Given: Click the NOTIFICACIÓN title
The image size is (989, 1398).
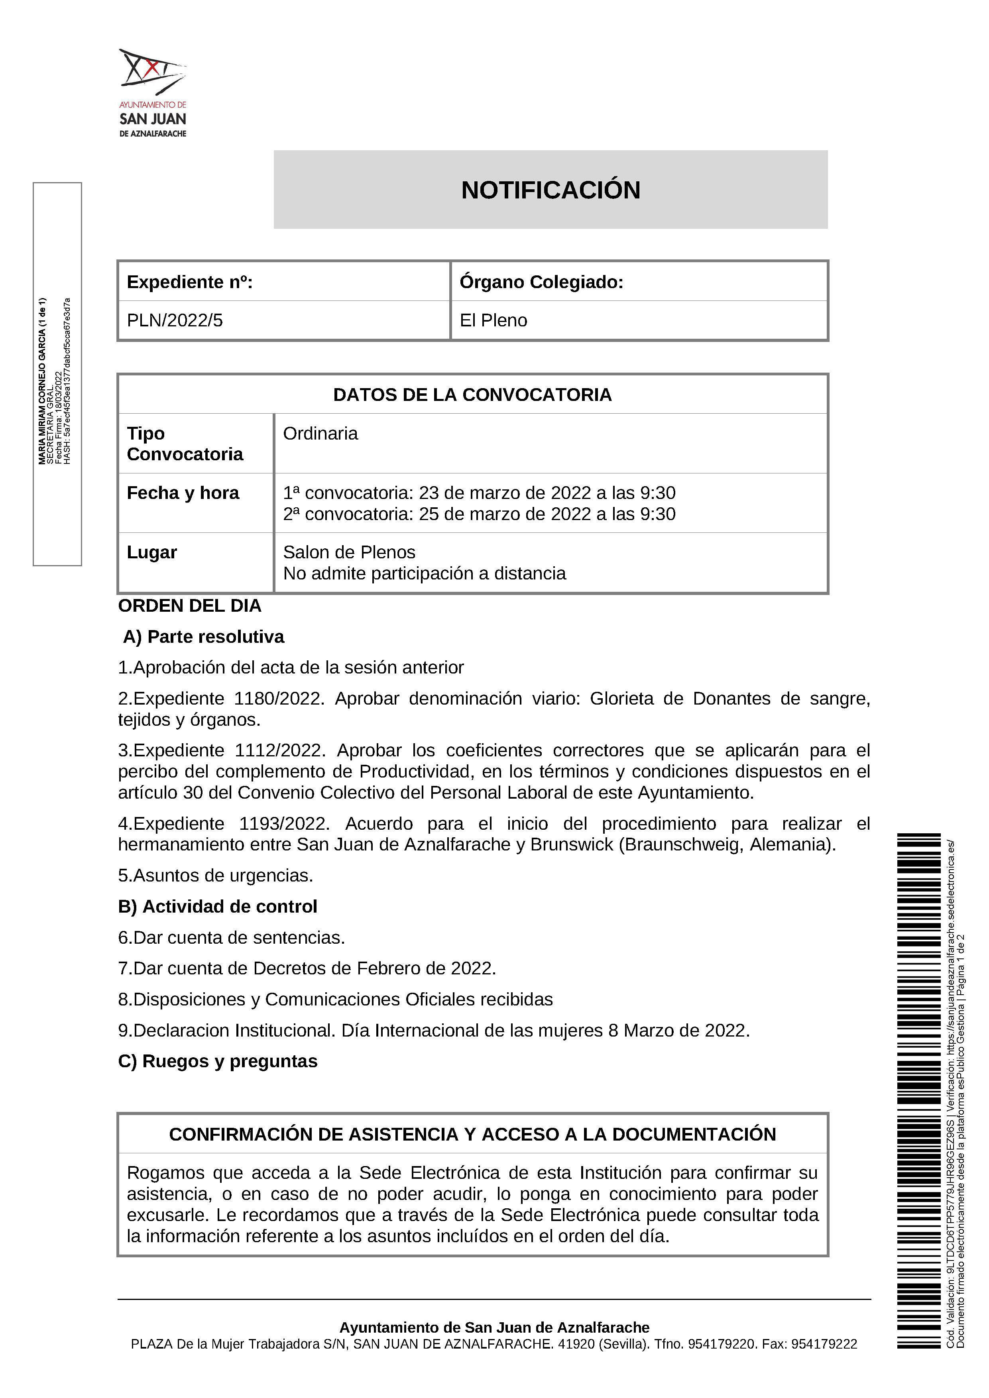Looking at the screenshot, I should (x=551, y=190).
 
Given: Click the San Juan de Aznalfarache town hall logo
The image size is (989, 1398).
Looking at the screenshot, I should (x=153, y=92).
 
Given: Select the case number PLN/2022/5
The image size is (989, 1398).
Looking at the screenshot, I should (x=175, y=320).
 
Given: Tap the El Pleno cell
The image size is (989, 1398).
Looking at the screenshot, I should (x=493, y=320).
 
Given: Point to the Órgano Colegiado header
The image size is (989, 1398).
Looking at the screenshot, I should (x=541, y=282).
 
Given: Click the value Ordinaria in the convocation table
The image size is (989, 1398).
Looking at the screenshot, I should (x=320, y=434).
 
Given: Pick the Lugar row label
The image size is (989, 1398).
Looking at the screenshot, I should (x=151, y=552).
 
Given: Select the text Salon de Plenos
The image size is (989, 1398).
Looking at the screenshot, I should (x=349, y=552).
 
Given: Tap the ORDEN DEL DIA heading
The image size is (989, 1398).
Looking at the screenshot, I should (x=189, y=606).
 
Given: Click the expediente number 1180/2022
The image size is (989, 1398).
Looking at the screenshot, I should (x=278, y=698).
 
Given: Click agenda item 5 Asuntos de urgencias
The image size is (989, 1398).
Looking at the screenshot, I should (x=216, y=876).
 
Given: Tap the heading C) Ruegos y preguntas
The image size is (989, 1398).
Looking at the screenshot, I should (x=217, y=1061).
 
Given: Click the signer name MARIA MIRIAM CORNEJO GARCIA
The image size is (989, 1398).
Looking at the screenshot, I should (x=42, y=381).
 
